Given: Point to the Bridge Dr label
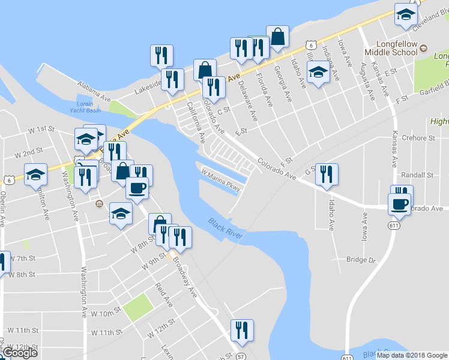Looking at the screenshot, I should [360, 260].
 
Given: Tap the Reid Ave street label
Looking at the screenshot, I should [163, 296].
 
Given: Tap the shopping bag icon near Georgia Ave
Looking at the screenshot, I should [278, 37].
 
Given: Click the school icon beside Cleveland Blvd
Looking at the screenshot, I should [406, 15].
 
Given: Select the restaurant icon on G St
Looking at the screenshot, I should [327, 175].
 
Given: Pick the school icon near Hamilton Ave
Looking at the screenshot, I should [35, 175].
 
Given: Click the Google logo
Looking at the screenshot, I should [20, 353].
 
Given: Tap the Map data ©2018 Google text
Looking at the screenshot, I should [412, 355].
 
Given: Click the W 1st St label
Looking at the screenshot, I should [41, 129].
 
